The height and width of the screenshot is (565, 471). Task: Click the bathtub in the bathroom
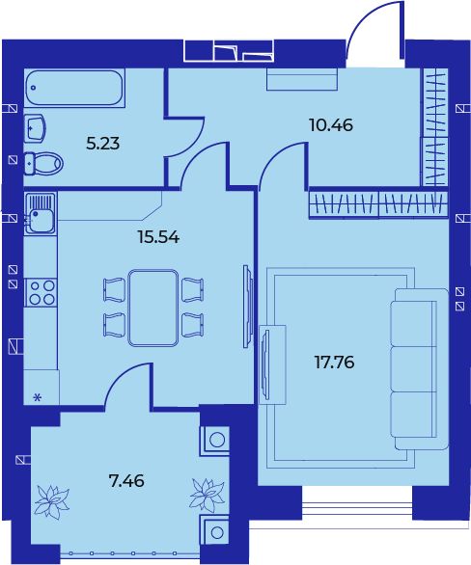click(x=74, y=88)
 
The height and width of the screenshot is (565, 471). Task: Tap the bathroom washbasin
click(x=35, y=128)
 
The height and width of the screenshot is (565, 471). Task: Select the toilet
click(x=43, y=163)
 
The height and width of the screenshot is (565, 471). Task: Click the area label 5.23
click(x=102, y=144)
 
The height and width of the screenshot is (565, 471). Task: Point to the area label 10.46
click(x=331, y=125)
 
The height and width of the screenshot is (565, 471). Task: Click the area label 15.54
click(x=158, y=237)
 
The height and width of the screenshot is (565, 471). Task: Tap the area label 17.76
click(x=334, y=362)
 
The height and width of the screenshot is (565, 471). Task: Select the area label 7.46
click(x=126, y=481)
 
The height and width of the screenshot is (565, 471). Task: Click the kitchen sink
click(x=40, y=213)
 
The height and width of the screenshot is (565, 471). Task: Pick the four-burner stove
click(x=41, y=292)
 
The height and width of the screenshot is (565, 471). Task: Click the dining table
click(x=153, y=308)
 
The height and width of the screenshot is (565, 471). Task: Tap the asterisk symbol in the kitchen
click(x=38, y=398)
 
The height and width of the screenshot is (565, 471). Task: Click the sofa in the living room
click(x=420, y=368)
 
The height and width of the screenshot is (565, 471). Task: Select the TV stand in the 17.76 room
click(x=272, y=364)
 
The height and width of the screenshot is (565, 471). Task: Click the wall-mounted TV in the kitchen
click(x=246, y=307)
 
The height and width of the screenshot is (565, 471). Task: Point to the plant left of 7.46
click(x=51, y=501)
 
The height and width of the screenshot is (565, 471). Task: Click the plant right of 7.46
click(x=208, y=495)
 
